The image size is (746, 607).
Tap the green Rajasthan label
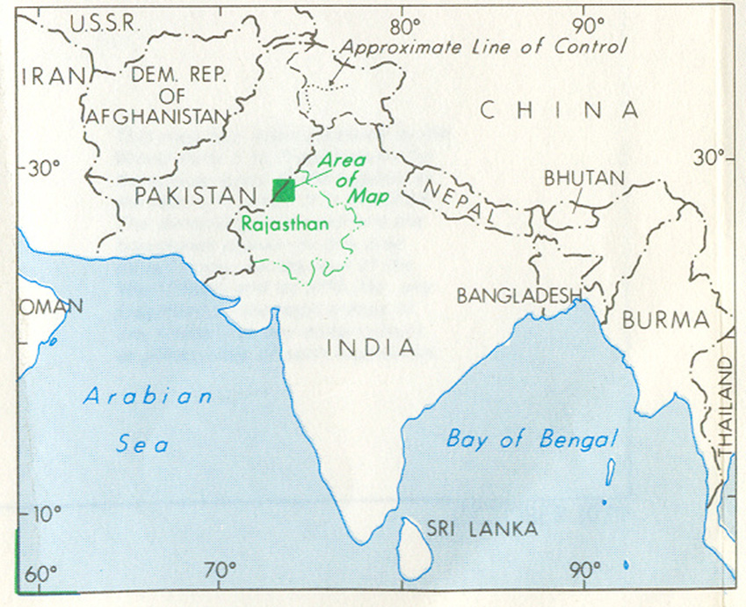pyautogui.click(x=285, y=223)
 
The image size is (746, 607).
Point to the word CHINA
pyautogui.click(x=559, y=110)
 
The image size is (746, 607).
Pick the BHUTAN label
pyautogui.click(x=583, y=178)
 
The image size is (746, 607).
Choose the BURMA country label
pyautogui.click(x=664, y=319)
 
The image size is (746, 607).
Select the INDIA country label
pyautogui.click(x=371, y=347)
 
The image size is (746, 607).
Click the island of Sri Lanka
pyautogui.click(x=412, y=545)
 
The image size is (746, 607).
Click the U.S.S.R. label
pyautogui.click(x=104, y=24)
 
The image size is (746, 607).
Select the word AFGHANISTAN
pyautogui.click(x=159, y=115)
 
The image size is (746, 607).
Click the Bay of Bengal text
pyautogui.click(x=532, y=439)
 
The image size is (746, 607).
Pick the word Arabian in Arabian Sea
pyautogui.click(x=148, y=396)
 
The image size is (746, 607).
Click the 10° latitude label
pyautogui.click(x=40, y=513)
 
